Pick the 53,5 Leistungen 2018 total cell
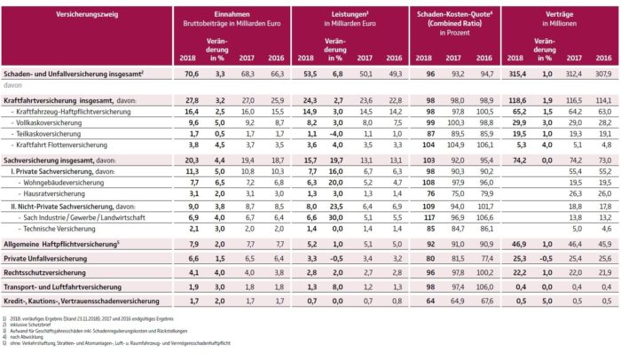(306, 75)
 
